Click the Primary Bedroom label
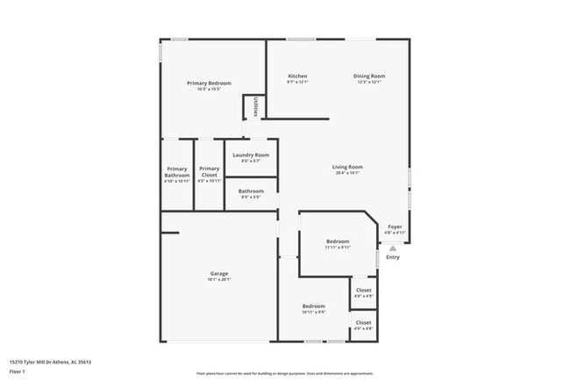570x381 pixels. (209, 83)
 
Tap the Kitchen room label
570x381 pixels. (298, 76)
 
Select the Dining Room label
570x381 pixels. (369, 76)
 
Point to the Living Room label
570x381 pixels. (347, 167)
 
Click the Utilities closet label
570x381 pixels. (255, 106)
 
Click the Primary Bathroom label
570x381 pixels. (177, 172)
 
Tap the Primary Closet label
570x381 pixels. (209, 172)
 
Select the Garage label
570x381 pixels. (219, 273)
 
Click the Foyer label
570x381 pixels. (395, 227)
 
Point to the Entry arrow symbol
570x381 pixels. (393, 248)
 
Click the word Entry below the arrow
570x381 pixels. (393, 257)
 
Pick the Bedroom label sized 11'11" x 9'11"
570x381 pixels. (338, 241)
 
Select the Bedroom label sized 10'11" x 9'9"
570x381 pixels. (314, 306)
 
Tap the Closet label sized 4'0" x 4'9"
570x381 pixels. (363, 290)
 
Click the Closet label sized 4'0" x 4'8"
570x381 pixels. (363, 322)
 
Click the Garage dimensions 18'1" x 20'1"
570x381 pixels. (219, 279)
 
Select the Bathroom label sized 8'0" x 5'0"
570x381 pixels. (252, 190)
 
